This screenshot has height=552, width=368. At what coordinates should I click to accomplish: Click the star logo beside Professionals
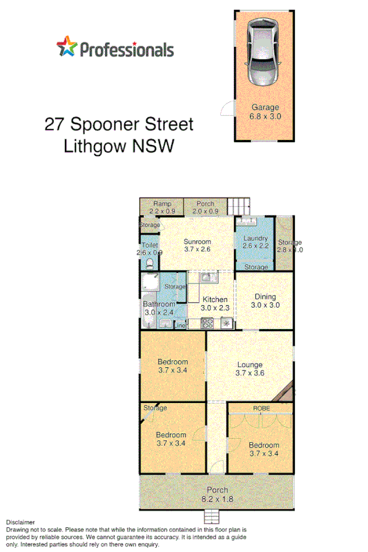click(x=67, y=48)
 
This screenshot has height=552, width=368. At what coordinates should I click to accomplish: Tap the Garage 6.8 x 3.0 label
click(x=264, y=112)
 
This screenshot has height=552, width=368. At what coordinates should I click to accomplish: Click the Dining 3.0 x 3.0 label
click(x=264, y=301)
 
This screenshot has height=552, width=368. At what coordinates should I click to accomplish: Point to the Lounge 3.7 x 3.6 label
click(x=250, y=368)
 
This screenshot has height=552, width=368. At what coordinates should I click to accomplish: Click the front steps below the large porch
click(x=215, y=517)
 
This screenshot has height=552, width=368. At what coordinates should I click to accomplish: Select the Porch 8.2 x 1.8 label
click(x=215, y=494)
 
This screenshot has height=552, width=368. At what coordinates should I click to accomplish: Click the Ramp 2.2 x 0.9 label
click(x=162, y=207)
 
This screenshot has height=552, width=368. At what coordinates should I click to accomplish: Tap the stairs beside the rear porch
click(x=239, y=206)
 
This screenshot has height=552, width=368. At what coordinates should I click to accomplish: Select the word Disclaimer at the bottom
click(x=20, y=523)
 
